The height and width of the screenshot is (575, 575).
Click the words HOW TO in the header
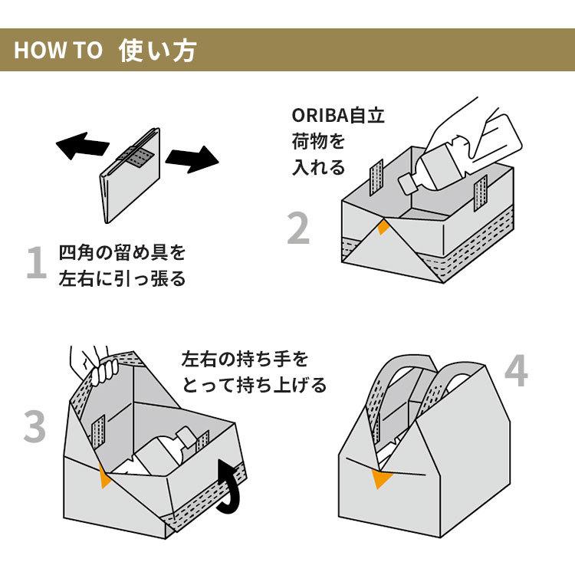[x=58, y=51]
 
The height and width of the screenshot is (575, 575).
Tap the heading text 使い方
[x=158, y=50]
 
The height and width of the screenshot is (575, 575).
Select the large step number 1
[x=36, y=264]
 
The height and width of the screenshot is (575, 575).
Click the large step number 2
[x=299, y=228]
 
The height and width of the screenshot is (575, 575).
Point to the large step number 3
[x=34, y=427]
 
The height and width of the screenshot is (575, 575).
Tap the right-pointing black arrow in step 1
[x=192, y=159]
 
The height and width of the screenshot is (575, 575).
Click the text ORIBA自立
[x=338, y=117]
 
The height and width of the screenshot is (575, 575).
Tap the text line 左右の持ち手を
[x=245, y=359]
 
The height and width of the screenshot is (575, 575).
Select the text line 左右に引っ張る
[x=122, y=278]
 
